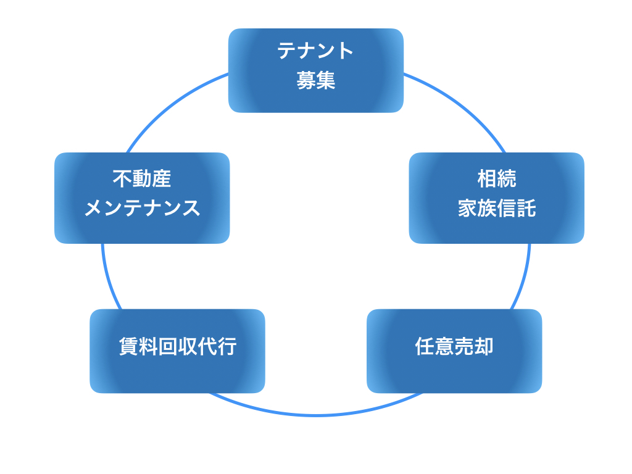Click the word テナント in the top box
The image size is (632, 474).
(x=315, y=51)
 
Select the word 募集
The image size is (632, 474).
(x=315, y=80)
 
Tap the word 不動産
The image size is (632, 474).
(x=142, y=179)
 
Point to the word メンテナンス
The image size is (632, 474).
(x=142, y=209)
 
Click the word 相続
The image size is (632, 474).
(x=496, y=179)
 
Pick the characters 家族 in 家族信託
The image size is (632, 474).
(x=477, y=209)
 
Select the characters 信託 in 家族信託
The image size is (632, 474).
(x=517, y=209)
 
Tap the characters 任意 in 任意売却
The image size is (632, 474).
(x=434, y=347)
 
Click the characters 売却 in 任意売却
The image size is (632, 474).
(x=474, y=347)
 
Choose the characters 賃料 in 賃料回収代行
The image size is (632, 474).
(x=138, y=347)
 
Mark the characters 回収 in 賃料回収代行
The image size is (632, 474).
(x=178, y=347)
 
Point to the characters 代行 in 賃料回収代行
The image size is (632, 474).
(x=217, y=347)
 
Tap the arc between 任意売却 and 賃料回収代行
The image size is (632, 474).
(x=315, y=415)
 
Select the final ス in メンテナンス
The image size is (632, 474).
(x=191, y=209)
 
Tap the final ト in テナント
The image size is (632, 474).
(x=345, y=51)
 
